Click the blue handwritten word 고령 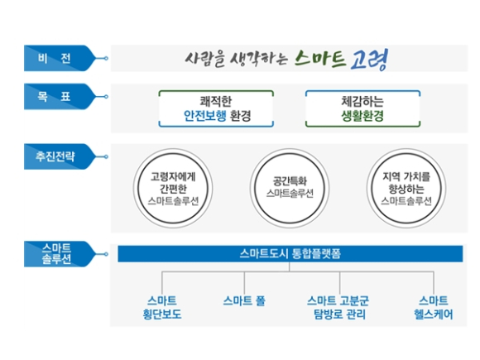(369, 60)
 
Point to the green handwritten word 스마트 (320, 59)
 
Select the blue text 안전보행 (204, 116)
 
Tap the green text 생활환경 (362, 116)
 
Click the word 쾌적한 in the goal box (216, 101)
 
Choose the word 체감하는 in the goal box (362, 101)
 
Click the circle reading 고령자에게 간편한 (173, 188)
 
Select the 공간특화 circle (290, 188)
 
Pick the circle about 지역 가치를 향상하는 (406, 188)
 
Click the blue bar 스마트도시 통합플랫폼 (290, 253)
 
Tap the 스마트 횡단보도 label (162, 307)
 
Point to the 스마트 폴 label (244, 301)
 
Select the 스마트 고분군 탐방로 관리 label (338, 307)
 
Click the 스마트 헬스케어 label (433, 307)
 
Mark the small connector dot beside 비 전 (106, 58)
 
